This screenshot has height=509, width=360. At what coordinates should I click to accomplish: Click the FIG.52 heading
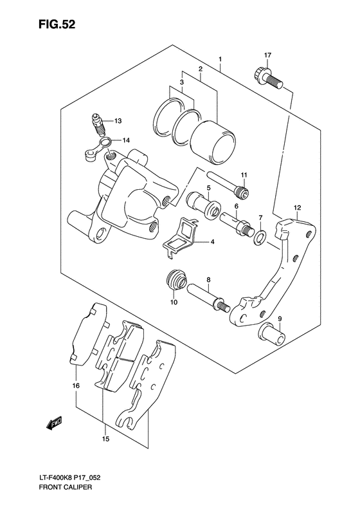point(57,24)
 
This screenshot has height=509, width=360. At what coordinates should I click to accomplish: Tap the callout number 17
point(267,55)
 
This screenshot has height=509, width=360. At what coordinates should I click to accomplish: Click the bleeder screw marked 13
point(98,125)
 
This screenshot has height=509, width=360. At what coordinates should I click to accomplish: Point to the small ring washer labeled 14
point(105,142)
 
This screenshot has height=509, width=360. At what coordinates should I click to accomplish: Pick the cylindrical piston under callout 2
point(213,142)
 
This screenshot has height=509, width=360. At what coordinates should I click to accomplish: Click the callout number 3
point(182,82)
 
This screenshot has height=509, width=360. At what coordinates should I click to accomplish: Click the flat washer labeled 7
point(260,238)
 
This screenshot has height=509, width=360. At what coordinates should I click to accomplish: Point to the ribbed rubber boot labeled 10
point(176,280)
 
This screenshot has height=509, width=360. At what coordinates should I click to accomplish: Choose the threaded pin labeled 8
point(208,297)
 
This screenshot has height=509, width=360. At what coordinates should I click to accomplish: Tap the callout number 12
point(298,208)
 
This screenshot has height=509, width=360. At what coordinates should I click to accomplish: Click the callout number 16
point(76,385)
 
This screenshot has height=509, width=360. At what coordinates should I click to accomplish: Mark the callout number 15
point(105,440)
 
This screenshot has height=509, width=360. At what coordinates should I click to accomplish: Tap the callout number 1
point(221,59)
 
